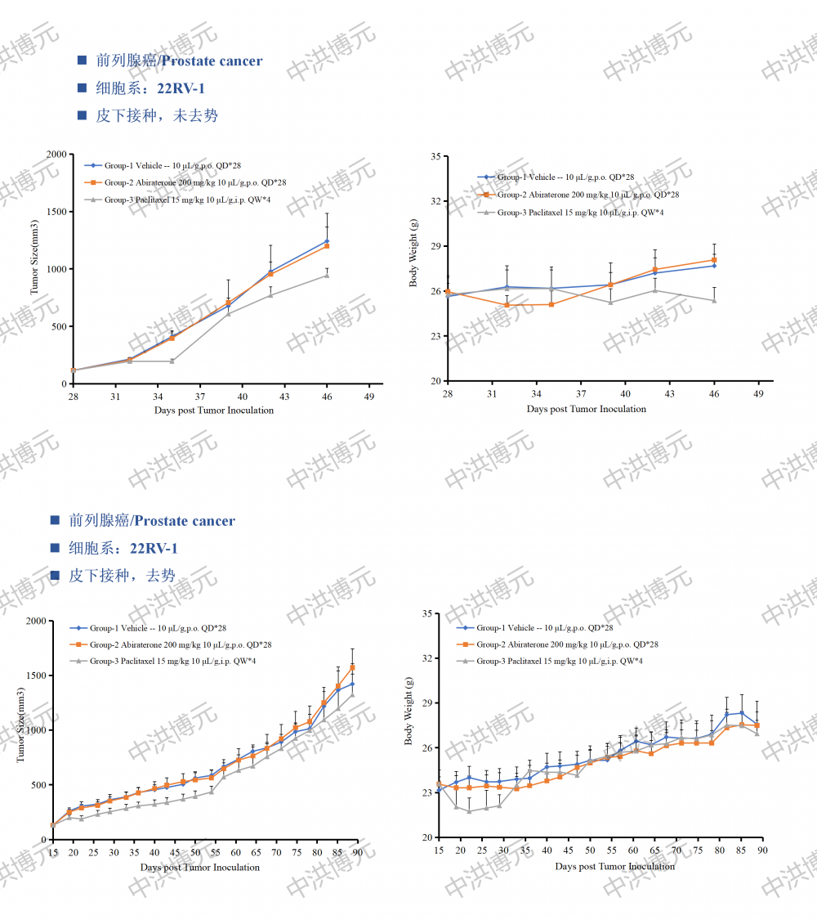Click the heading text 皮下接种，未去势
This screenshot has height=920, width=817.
tap(157, 115)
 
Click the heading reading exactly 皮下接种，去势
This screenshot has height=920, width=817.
tap(122, 576)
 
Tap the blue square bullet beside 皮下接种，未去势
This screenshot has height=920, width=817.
tap(82, 115)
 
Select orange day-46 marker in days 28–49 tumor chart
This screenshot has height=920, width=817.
tap(327, 245)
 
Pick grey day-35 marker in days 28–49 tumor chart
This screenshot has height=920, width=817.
tap(172, 361)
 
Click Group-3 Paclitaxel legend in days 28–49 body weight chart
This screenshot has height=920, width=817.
tap(580, 213)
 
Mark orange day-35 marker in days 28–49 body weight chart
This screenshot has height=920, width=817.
tap(551, 304)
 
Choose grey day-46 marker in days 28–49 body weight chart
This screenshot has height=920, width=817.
tap(714, 301)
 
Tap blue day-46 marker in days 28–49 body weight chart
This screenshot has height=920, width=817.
tap(714, 265)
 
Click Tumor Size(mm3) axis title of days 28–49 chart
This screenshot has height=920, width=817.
tap(35, 257)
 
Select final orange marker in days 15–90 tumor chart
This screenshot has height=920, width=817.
tap(352, 667)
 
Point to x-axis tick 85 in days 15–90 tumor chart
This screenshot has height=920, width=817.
tap(337, 854)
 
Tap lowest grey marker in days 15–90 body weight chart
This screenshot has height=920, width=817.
tap(469, 811)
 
